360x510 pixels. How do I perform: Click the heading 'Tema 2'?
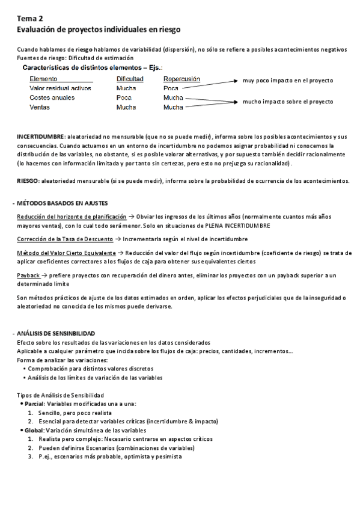[29, 19]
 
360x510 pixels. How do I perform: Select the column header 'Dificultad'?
[130, 79]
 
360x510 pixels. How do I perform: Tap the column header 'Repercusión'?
[182, 79]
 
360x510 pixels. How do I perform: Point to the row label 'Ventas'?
[40, 107]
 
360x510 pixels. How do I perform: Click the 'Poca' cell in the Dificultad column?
[124, 97]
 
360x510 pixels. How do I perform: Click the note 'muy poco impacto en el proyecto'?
[287, 80]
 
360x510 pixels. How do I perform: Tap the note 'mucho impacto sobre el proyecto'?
[287, 102]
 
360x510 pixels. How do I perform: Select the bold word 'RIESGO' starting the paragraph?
[28, 181]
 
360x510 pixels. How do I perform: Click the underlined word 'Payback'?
[28, 275]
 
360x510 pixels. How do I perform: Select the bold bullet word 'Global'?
[34, 431]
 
